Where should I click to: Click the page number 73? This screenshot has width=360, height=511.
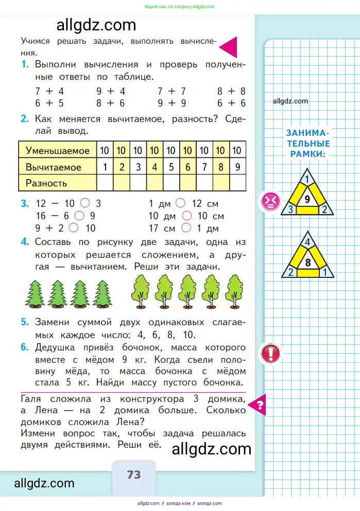[134, 474]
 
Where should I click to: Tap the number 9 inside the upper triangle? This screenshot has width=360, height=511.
[307, 199]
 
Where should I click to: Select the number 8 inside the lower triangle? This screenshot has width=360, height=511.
[307, 262]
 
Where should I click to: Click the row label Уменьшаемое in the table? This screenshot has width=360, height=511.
[57, 151]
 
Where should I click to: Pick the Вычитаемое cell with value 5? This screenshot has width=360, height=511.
[171, 167]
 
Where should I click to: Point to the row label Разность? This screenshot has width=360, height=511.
[46, 183]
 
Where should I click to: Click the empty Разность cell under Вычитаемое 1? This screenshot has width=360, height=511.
[105, 183]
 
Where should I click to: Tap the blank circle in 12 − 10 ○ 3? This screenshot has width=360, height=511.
[85, 203]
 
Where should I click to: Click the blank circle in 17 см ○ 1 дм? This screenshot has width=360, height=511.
[186, 228]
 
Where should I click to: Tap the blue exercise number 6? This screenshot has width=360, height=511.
[24, 348]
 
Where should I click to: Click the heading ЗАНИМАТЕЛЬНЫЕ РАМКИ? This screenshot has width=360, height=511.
[308, 143]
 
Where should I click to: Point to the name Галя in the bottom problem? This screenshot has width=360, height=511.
[32, 399]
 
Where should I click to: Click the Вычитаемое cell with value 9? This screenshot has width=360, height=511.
[237, 167]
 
